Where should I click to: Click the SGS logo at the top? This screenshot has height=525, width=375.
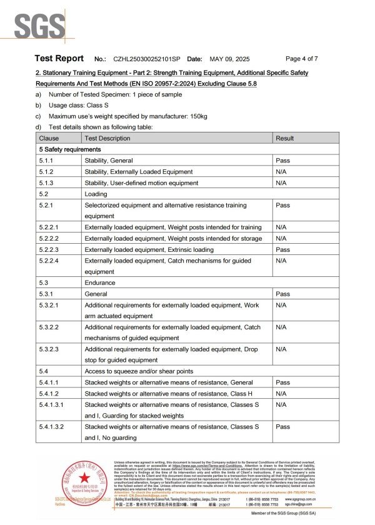tap(39, 27)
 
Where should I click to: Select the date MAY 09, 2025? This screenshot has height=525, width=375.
tap(229, 59)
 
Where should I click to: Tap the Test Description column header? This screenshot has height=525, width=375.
tap(107, 138)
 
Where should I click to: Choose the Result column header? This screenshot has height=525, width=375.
tap(285, 138)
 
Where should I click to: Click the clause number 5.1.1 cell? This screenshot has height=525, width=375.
tap(47, 161)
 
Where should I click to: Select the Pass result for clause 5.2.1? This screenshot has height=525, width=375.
tap(282, 205)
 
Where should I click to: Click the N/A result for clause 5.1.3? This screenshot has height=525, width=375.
tap(281, 182)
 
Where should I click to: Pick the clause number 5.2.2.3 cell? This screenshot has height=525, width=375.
tap(50, 249)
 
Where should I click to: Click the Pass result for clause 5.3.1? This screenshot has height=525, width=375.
tap(282, 294)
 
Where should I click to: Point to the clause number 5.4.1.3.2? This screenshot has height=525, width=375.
tap(53, 426)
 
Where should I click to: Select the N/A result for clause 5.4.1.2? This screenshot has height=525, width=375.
tap(281, 393)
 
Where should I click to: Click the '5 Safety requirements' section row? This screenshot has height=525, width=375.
tap(69, 149)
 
